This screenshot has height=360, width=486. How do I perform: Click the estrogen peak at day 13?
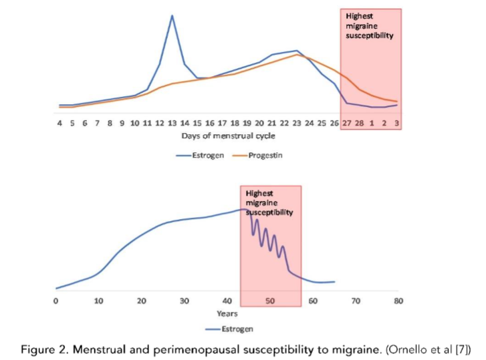(x=172, y=15)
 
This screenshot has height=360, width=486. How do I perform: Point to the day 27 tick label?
(x=346, y=124)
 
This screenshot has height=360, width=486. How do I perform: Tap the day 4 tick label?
(x=59, y=124)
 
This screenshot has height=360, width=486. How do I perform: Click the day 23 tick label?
(x=296, y=124)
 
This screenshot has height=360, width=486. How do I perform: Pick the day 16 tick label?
(x=209, y=124)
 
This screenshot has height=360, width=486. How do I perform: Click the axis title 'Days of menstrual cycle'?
(x=228, y=136)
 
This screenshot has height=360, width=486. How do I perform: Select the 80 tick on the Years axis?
(x=398, y=301)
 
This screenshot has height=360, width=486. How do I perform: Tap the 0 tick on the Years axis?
(x=56, y=301)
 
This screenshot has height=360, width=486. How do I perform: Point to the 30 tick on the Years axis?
(x=185, y=301)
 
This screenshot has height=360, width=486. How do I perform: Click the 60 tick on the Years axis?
(x=312, y=301)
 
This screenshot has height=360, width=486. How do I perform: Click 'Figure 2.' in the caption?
(x=43, y=349)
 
